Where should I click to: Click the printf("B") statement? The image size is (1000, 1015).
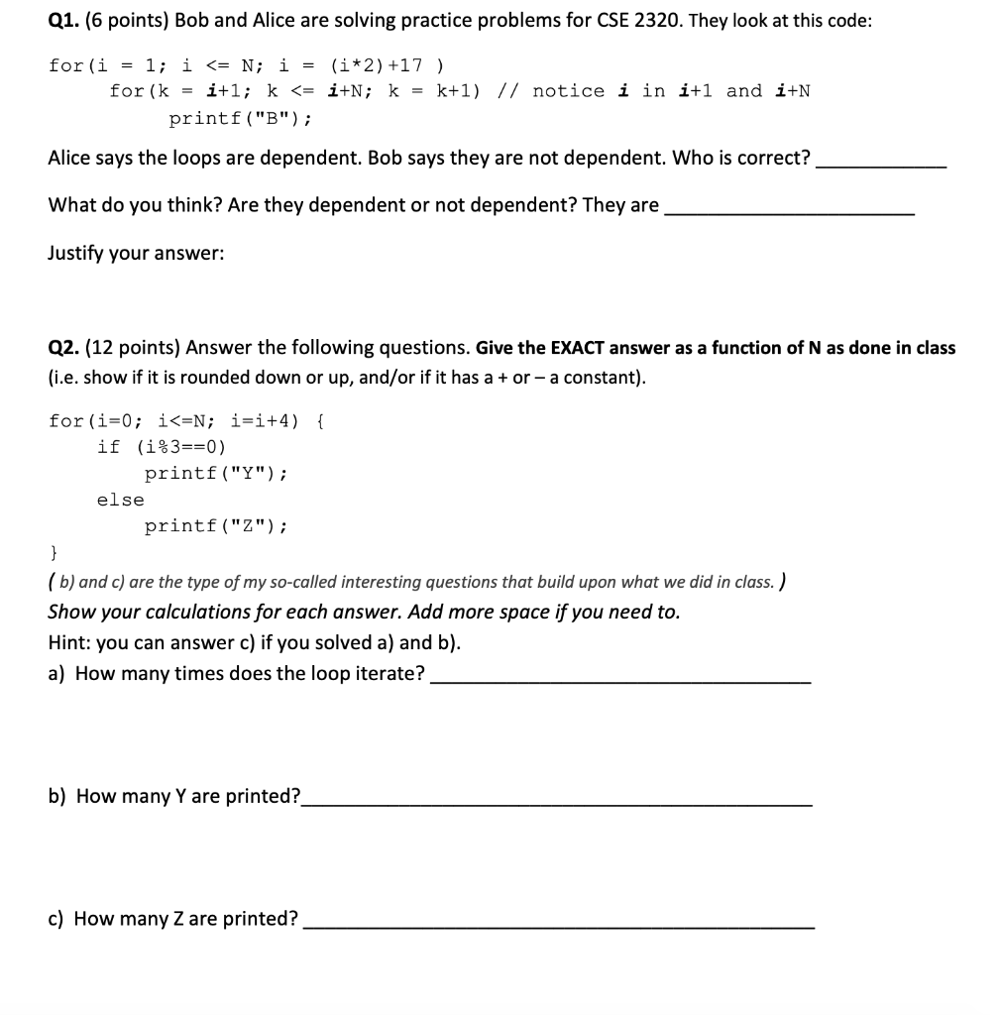pos(241,119)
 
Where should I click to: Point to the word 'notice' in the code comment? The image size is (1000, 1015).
pos(568,91)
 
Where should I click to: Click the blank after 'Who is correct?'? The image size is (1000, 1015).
pos(880,165)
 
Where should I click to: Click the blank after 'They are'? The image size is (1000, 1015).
pos(789,212)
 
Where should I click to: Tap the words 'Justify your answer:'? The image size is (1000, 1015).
pos(136,253)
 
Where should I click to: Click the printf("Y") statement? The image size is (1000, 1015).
pos(216,473)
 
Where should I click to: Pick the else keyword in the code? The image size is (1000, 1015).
pos(120,500)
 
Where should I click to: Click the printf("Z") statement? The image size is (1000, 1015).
pos(216,526)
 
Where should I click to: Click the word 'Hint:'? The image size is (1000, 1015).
pos(70,642)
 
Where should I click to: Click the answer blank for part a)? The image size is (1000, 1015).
pos(620,681)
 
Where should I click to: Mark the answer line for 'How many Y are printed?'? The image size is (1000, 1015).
pos(557,803)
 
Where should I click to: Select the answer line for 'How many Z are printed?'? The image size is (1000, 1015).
pos(559,926)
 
